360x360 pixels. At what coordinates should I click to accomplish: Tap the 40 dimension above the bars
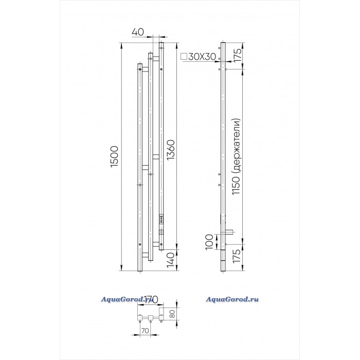point(137,32)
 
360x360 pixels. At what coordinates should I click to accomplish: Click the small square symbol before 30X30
point(184,57)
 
